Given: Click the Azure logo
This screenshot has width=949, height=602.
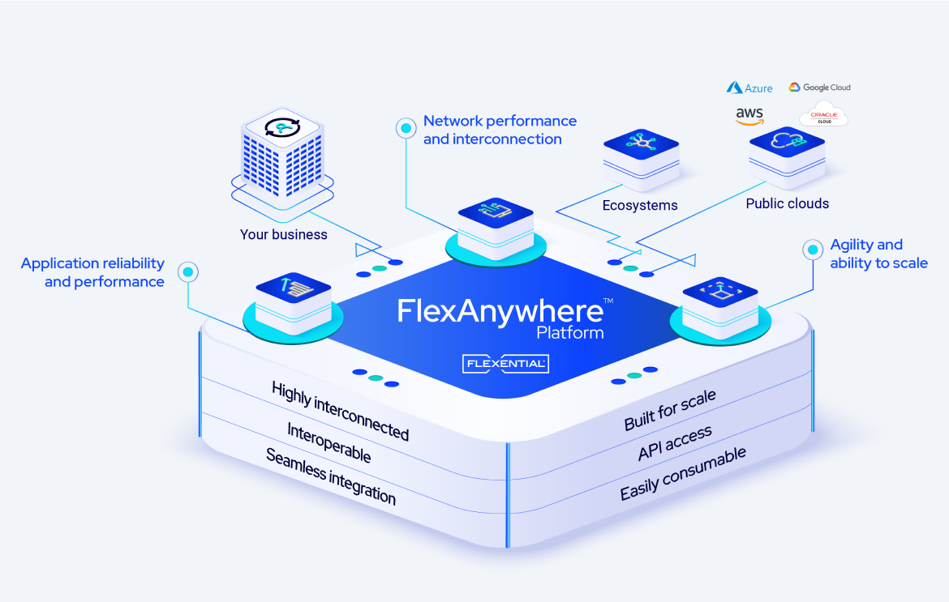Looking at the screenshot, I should point(749,88).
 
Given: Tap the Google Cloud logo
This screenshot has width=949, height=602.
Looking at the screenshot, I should point(819,88).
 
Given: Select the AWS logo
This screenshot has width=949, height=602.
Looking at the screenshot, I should point(749,116).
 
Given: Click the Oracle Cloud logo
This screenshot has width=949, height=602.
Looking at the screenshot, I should point(823,114).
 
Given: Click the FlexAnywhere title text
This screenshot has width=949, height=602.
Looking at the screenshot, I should point(500,311).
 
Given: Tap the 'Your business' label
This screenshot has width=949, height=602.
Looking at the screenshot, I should point(283,235).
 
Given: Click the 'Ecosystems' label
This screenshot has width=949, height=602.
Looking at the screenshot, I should point(639,206).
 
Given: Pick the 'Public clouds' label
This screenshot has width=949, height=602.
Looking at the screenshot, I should point(787,204).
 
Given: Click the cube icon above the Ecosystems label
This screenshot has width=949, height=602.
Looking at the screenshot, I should point(641,149).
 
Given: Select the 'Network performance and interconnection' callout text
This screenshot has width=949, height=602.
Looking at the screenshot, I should point(500,130).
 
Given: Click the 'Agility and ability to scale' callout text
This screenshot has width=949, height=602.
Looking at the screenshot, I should point(878,254).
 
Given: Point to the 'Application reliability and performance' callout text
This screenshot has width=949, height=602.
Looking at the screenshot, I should point(93,273).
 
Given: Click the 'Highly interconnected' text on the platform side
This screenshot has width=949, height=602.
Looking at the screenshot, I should point(340,412).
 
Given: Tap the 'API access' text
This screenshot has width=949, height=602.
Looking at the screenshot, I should point(674,443).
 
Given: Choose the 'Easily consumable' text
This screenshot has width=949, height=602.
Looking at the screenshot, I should point(682,474).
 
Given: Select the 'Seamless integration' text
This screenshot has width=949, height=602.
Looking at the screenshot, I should point(331,477).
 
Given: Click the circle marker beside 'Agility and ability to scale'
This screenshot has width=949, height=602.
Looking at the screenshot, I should point(812,250).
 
